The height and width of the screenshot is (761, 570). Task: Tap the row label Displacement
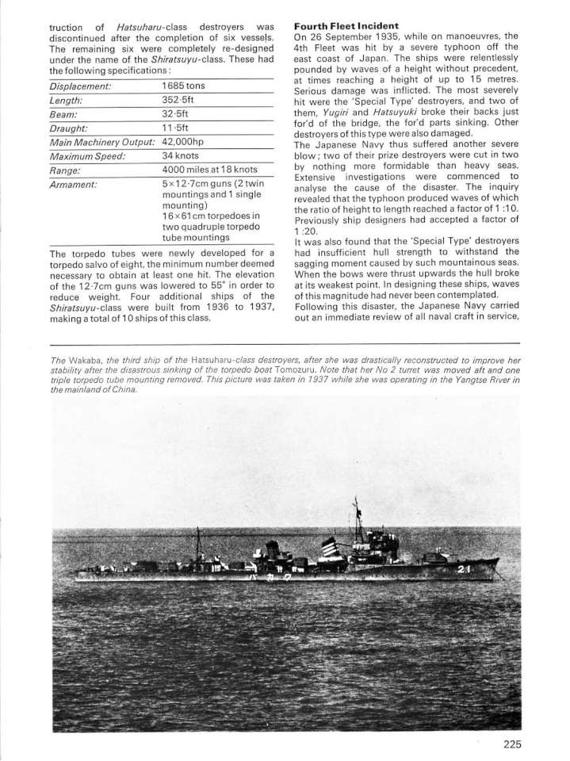pos(80,86)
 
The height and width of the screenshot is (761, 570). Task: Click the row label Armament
pos(72,183)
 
